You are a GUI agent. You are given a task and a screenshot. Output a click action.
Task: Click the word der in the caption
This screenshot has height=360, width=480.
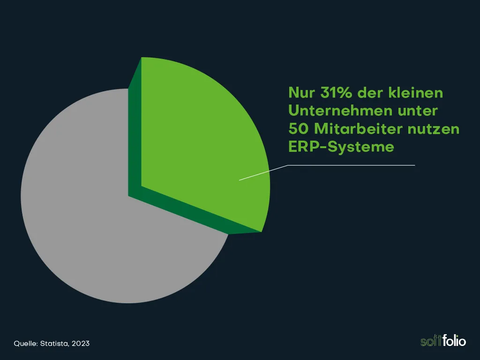coord(370,93)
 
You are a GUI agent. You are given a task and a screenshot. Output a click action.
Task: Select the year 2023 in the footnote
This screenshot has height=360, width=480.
coord(81,344)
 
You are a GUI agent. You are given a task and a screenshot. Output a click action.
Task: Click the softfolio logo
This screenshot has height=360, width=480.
coord(443,341)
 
